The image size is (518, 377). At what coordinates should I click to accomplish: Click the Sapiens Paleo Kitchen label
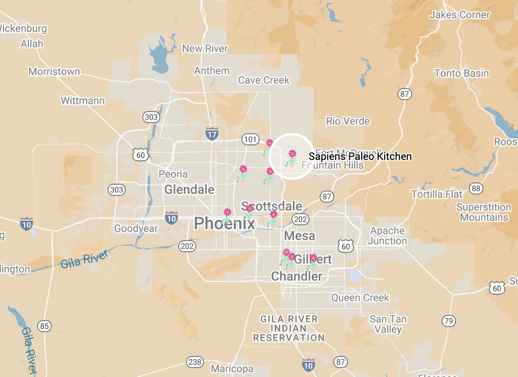coord(360,156)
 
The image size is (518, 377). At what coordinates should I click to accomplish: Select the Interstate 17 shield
coord(212,133)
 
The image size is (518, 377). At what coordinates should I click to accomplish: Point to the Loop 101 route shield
coord(250,139)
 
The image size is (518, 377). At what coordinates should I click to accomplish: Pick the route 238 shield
coord(194,362)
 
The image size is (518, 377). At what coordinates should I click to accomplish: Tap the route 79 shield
coord(448,321)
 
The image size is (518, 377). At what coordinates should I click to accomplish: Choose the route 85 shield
coord(44,326)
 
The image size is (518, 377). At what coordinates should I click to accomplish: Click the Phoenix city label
coord(224,223)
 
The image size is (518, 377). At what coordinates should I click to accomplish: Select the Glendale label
coord(189,189)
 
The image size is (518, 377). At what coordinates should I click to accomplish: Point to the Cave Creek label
coord(264,80)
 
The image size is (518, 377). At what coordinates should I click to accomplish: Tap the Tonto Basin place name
coord(462,74)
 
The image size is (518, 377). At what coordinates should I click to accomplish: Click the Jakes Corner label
coord(459,15)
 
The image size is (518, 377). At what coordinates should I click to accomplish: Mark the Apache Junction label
coord(387,236)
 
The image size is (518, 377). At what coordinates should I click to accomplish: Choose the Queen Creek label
coord(360,297)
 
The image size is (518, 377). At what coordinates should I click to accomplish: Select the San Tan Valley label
coord(388,324)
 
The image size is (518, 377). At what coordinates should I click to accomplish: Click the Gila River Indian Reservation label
coord(289,328)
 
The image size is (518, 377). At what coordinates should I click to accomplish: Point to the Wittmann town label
coord(82,101)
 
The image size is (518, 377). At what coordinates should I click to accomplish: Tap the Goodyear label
coord(136,229)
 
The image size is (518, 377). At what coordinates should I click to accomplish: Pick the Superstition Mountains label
coord(483,212)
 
